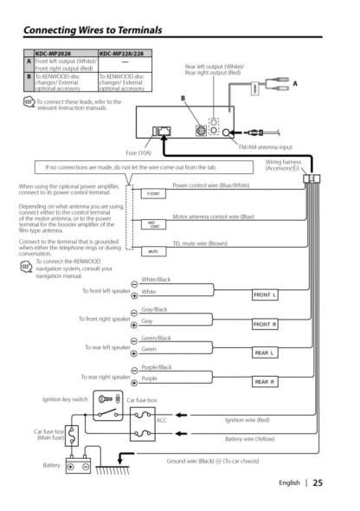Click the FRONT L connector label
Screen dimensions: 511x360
point(265,295)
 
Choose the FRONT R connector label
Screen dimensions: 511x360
point(265,324)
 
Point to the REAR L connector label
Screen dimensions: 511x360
point(265,353)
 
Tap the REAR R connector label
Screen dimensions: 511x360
point(265,381)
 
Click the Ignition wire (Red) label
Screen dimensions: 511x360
point(247,419)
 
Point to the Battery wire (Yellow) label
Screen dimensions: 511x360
point(249,439)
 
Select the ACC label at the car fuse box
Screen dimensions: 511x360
point(161,419)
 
